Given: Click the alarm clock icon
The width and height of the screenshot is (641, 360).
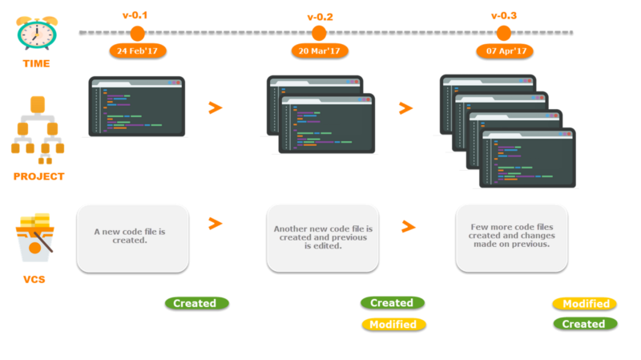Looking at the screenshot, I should tap(36, 32).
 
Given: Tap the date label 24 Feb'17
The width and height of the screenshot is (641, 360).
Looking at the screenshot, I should tap(137, 51).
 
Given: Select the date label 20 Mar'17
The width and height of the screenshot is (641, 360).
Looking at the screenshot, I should tap(319, 51).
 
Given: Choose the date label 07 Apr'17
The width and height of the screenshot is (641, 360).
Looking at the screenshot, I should tap(504, 51).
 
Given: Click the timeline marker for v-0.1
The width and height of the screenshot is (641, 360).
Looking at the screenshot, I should tap(137, 33).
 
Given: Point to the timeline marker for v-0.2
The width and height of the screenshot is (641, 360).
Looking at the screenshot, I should tap(319, 33).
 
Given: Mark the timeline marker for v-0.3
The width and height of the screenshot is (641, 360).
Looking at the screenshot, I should tap(504, 33).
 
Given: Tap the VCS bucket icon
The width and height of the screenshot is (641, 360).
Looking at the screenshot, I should tap(35, 239).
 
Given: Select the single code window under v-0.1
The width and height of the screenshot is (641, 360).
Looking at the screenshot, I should tap(137, 107).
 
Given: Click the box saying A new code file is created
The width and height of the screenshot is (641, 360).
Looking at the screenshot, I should tap(132, 237).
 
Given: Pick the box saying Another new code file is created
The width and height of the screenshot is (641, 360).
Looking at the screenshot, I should tap(323, 237).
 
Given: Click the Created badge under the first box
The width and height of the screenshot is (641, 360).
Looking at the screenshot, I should tap(196, 303).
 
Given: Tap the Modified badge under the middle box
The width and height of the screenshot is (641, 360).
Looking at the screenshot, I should tap(393, 325).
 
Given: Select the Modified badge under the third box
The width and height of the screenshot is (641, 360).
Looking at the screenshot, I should tap(585, 304).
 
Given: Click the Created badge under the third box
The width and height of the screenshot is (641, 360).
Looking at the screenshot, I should tap(585, 324).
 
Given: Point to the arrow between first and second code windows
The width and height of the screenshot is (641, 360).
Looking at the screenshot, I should tap(215, 107).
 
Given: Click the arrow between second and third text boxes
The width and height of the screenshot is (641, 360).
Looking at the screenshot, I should tap(409, 227).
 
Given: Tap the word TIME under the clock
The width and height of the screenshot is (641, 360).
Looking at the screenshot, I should tap(36, 63).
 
